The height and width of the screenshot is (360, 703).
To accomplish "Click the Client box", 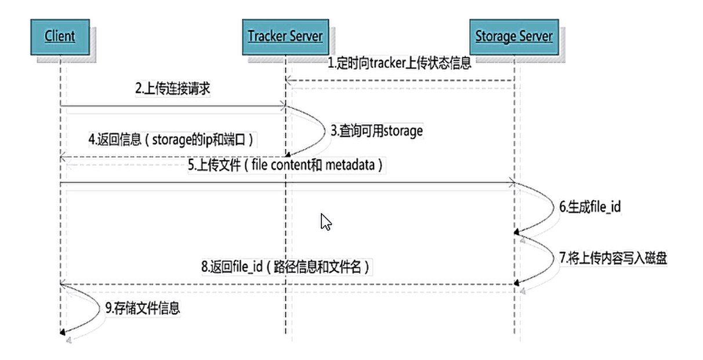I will point(60,37).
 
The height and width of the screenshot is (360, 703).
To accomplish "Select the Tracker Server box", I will point(285,37).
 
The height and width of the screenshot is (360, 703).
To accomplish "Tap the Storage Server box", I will point(513,37).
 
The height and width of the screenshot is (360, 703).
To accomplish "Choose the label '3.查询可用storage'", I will point(376,132).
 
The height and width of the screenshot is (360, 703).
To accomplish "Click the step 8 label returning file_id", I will point(285,267).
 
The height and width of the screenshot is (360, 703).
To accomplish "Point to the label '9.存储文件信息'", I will point(143,308).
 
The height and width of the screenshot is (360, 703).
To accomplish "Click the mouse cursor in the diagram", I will point(326,221).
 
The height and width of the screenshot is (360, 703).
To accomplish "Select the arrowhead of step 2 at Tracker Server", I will point(283,106).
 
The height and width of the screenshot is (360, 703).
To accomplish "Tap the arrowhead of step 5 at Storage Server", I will point(512,184).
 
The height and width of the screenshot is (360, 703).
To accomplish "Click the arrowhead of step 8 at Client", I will point(63,284).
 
